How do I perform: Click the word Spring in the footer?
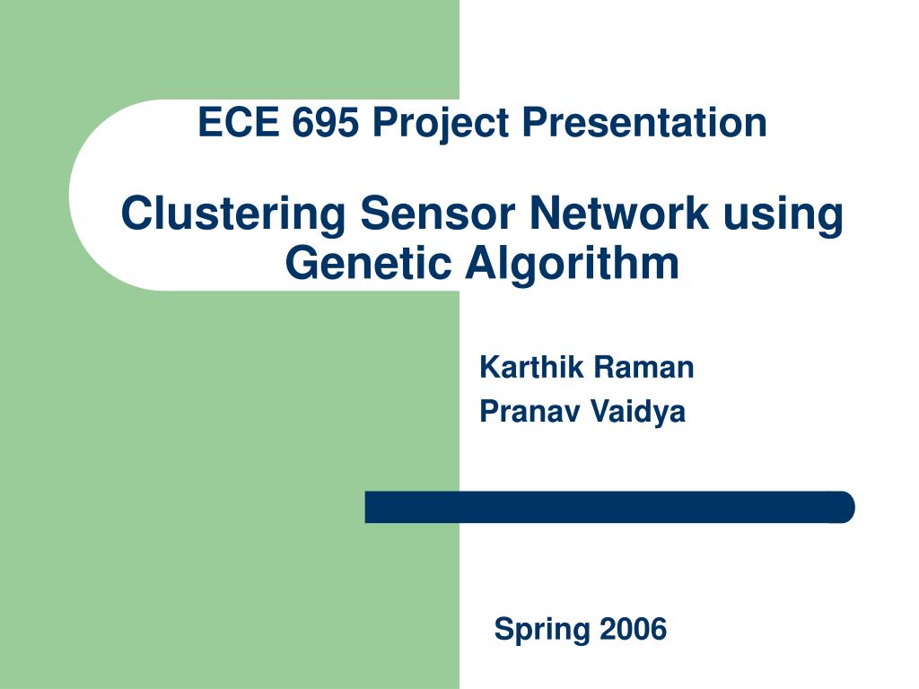[x=541, y=630]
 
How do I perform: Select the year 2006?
[x=633, y=629]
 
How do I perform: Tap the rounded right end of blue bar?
[x=845, y=507]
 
